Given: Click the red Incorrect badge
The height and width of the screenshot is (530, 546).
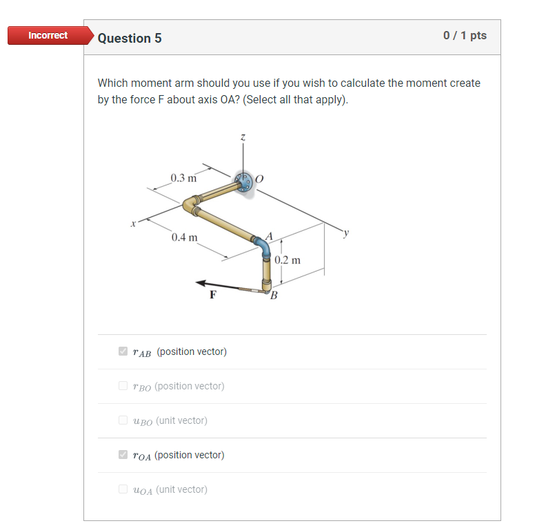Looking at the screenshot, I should (x=48, y=36).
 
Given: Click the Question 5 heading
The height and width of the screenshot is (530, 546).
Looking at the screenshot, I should (x=130, y=39).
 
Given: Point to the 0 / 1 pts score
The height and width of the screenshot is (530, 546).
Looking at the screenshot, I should (x=465, y=36).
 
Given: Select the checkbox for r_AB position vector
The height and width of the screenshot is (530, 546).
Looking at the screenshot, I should (x=123, y=352).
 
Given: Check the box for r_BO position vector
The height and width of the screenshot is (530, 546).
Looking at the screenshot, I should (x=123, y=387).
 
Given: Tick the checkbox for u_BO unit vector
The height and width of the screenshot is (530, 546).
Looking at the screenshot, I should (x=123, y=420).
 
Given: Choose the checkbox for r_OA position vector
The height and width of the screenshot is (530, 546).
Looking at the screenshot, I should (x=123, y=455).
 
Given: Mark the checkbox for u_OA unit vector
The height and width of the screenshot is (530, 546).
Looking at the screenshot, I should (x=123, y=489).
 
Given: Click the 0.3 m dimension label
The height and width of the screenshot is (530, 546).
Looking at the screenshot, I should (x=184, y=179).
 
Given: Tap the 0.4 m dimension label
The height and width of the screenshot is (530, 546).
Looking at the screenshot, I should (x=185, y=238).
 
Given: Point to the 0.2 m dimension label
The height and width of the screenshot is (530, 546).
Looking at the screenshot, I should (x=287, y=261).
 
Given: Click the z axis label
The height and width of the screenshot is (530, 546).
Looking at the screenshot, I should (x=243, y=138).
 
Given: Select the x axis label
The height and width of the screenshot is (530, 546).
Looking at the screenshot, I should (x=134, y=223).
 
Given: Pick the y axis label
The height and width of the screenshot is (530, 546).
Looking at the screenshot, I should (x=347, y=232).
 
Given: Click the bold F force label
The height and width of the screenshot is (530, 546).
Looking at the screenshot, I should (x=213, y=295).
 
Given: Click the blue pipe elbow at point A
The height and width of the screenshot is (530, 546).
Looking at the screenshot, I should (x=263, y=245).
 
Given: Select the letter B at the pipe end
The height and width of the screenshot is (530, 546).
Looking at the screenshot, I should (x=274, y=296).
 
